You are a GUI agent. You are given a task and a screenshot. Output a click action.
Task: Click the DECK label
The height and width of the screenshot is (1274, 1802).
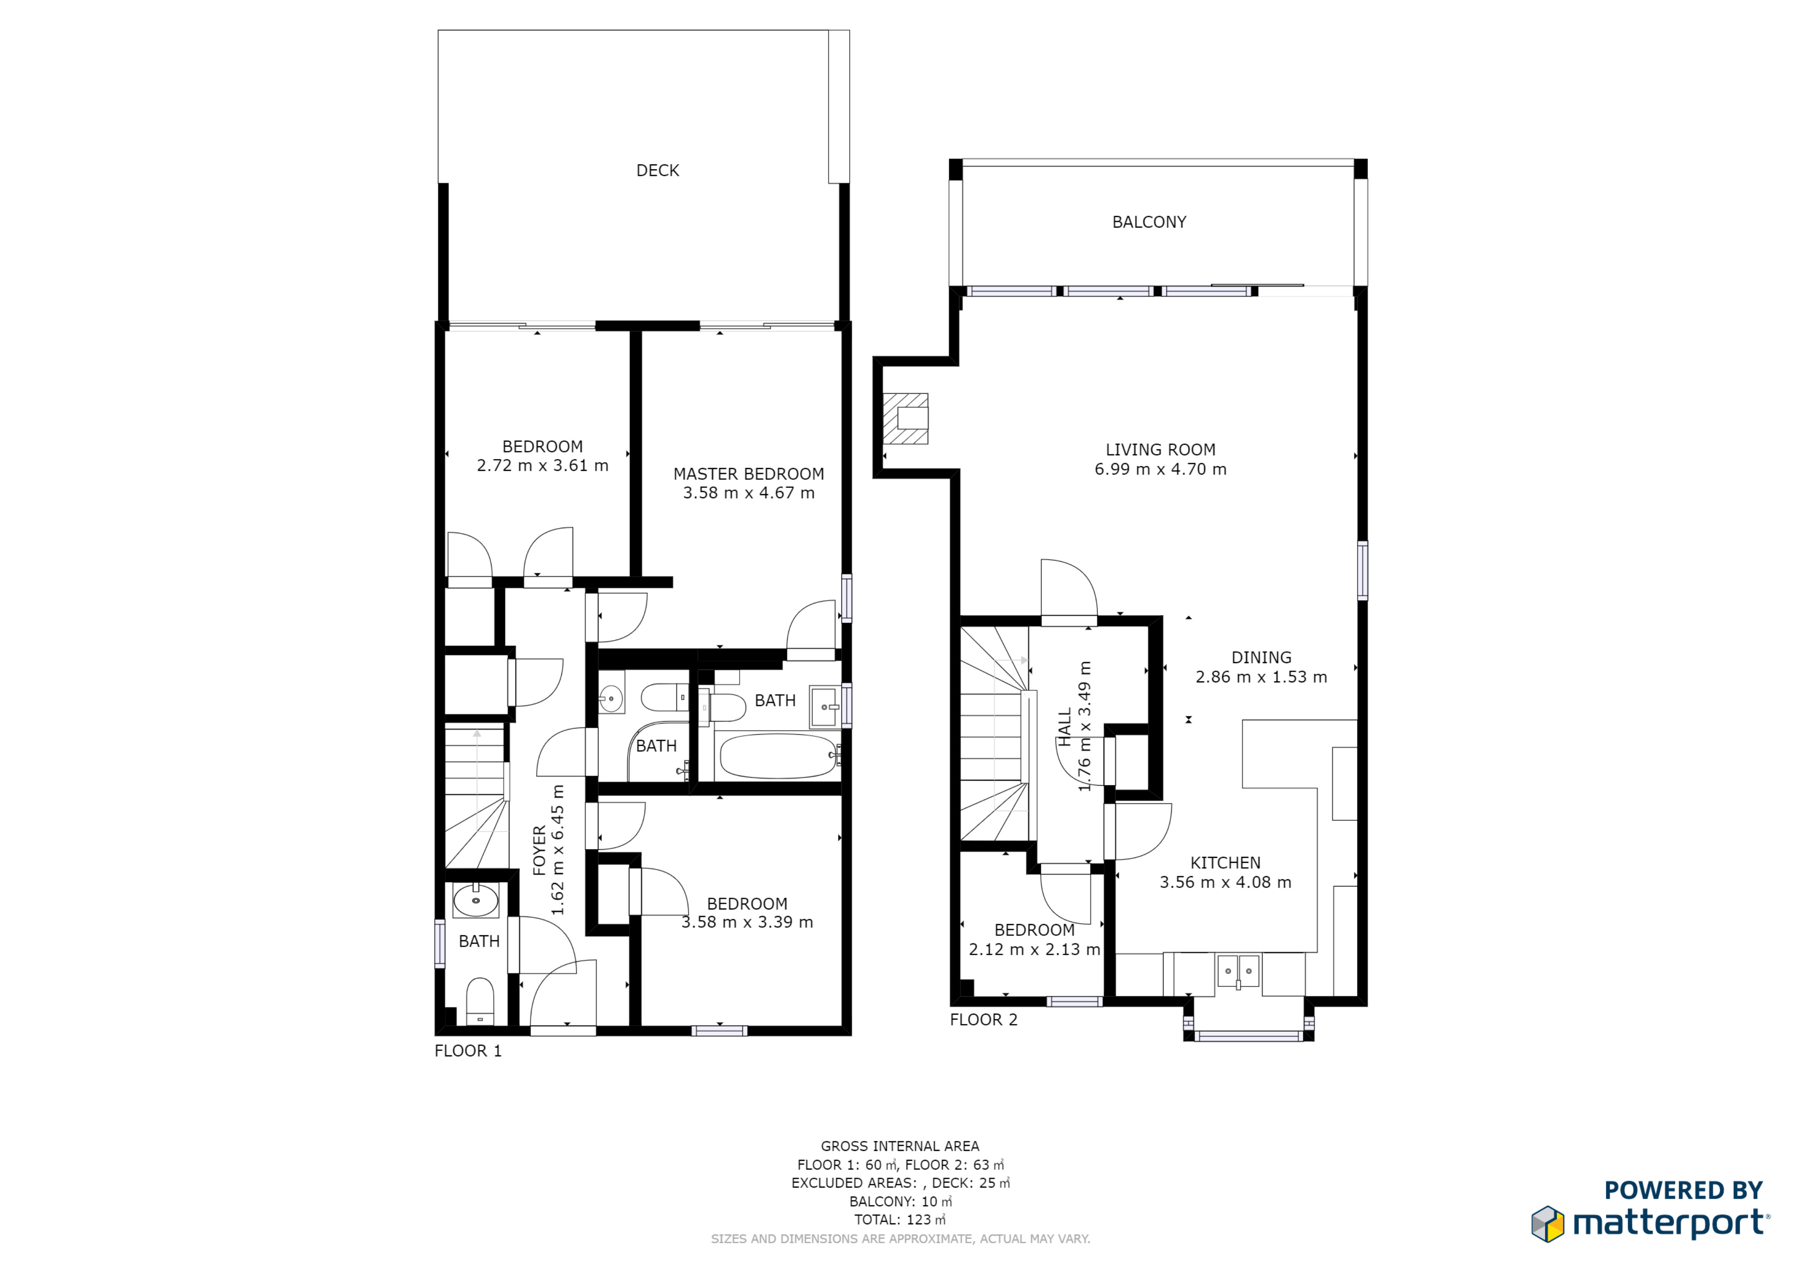tap(658, 170)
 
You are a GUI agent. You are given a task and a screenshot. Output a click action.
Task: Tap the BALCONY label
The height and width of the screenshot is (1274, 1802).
tap(1149, 222)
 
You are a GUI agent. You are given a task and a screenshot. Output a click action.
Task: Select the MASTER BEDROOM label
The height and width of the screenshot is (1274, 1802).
tap(749, 474)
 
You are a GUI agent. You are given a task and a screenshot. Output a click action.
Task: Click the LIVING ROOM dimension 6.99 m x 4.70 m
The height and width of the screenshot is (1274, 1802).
tap(1160, 469)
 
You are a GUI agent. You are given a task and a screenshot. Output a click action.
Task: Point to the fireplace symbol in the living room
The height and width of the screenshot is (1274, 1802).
tap(906, 418)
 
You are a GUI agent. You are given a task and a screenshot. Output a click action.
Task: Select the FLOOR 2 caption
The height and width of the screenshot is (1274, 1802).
tap(983, 1020)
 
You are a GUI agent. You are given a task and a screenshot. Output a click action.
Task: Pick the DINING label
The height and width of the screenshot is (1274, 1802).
tap(1261, 658)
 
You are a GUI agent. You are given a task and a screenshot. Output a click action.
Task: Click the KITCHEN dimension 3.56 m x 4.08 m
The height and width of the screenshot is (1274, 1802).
tap(1225, 882)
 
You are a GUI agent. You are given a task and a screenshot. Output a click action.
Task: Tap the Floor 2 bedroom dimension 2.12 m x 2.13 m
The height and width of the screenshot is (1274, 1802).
tap(1035, 949)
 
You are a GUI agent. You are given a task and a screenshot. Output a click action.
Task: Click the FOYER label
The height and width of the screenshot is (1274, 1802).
tap(539, 850)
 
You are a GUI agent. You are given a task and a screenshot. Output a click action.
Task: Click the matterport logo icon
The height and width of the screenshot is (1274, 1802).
tap(1548, 1224)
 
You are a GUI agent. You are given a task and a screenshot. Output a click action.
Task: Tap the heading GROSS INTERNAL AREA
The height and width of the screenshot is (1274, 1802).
tap(900, 1146)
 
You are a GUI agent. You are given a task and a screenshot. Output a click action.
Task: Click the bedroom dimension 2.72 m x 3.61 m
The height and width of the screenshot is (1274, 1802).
tap(542, 465)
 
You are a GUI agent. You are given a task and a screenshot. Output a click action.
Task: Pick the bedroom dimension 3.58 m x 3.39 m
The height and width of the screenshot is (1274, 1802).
tap(747, 922)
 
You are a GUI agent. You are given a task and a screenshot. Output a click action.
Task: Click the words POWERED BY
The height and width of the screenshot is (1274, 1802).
tap(1683, 1190)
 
